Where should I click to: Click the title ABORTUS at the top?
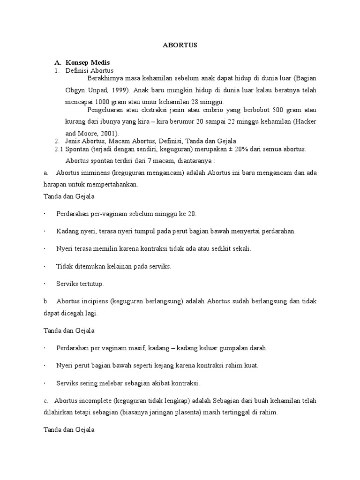[180, 45]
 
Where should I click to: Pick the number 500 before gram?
[276, 110]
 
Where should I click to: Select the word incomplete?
[99, 401]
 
